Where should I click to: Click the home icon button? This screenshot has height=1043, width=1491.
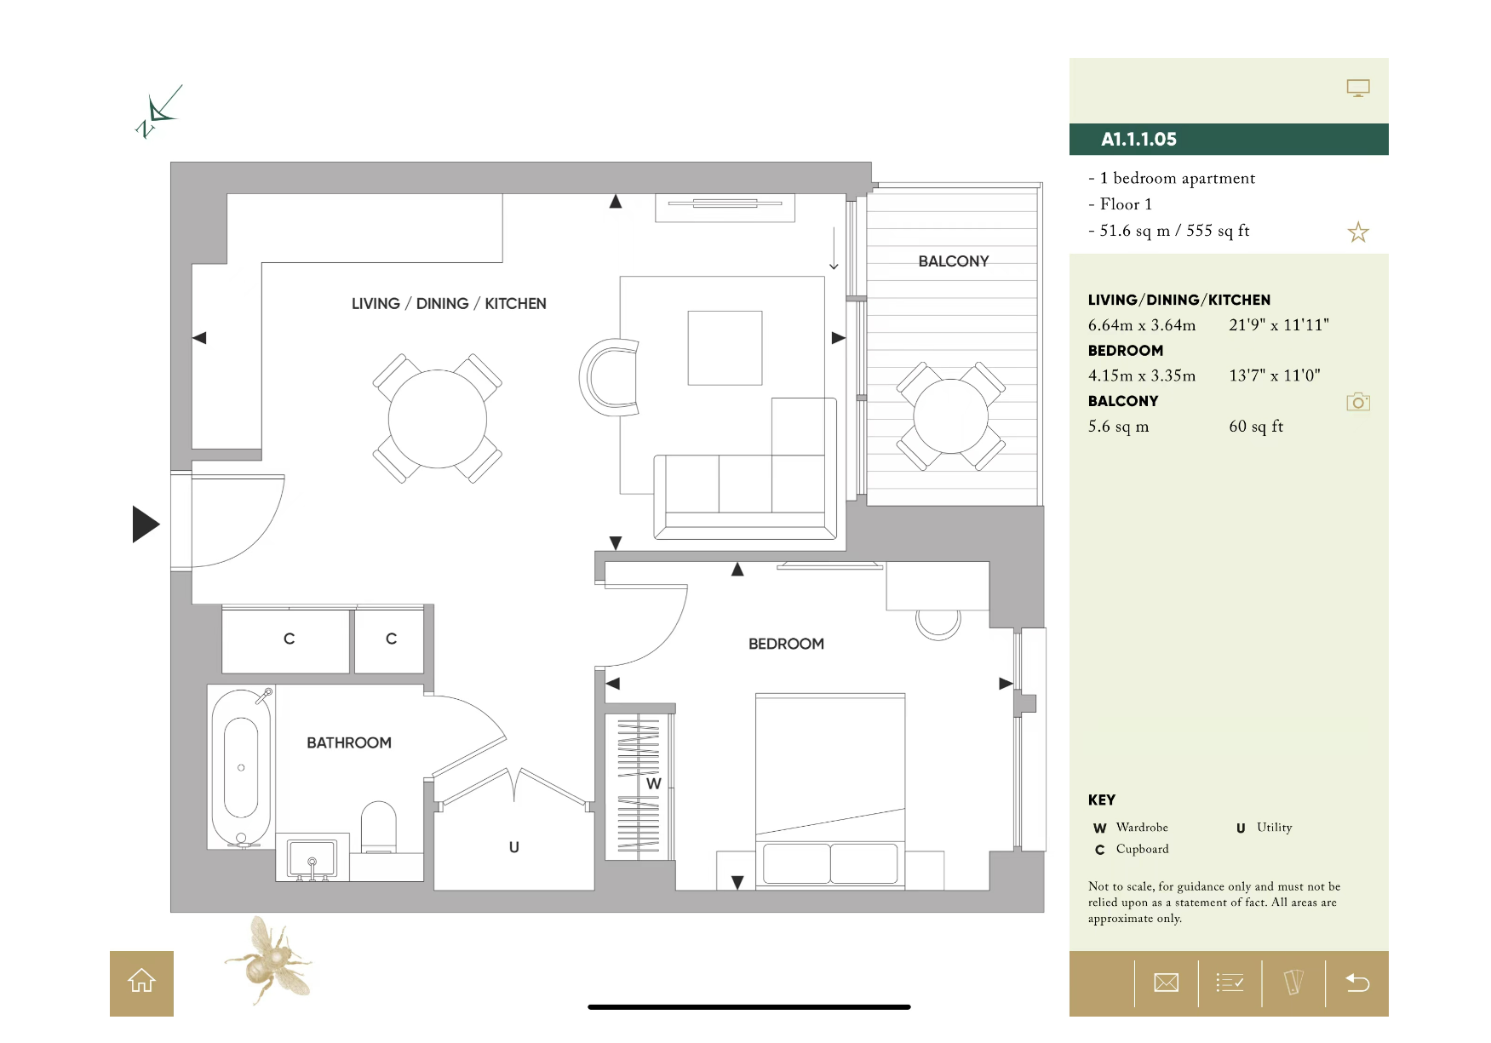[x=141, y=983]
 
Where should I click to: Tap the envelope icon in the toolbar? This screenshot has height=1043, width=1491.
[x=1166, y=983]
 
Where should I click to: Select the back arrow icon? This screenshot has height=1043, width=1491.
[x=1357, y=983]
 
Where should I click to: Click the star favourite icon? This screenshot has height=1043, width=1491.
[x=1358, y=232]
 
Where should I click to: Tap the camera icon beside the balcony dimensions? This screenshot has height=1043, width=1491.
[x=1358, y=402]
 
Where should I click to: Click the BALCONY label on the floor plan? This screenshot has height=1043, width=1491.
[x=954, y=261]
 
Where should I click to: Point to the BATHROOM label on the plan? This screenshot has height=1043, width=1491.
[x=349, y=742]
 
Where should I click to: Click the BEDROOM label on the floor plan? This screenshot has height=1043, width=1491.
[x=786, y=644]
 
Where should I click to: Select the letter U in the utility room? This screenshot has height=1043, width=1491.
[x=513, y=847]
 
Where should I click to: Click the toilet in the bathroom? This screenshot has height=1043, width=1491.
[x=379, y=827]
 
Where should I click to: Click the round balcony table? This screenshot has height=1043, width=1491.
[x=950, y=416]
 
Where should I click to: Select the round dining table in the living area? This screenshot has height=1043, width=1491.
[x=437, y=419]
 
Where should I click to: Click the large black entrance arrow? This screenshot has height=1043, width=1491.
[x=146, y=524]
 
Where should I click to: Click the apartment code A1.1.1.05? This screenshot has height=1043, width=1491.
[x=1138, y=139]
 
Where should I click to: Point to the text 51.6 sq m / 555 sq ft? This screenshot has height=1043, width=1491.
[x=1174, y=231]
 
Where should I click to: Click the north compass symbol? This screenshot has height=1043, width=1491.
[x=158, y=112]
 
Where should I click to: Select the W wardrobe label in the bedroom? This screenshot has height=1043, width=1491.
[x=653, y=783]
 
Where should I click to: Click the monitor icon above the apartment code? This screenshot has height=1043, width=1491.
[x=1358, y=88]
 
